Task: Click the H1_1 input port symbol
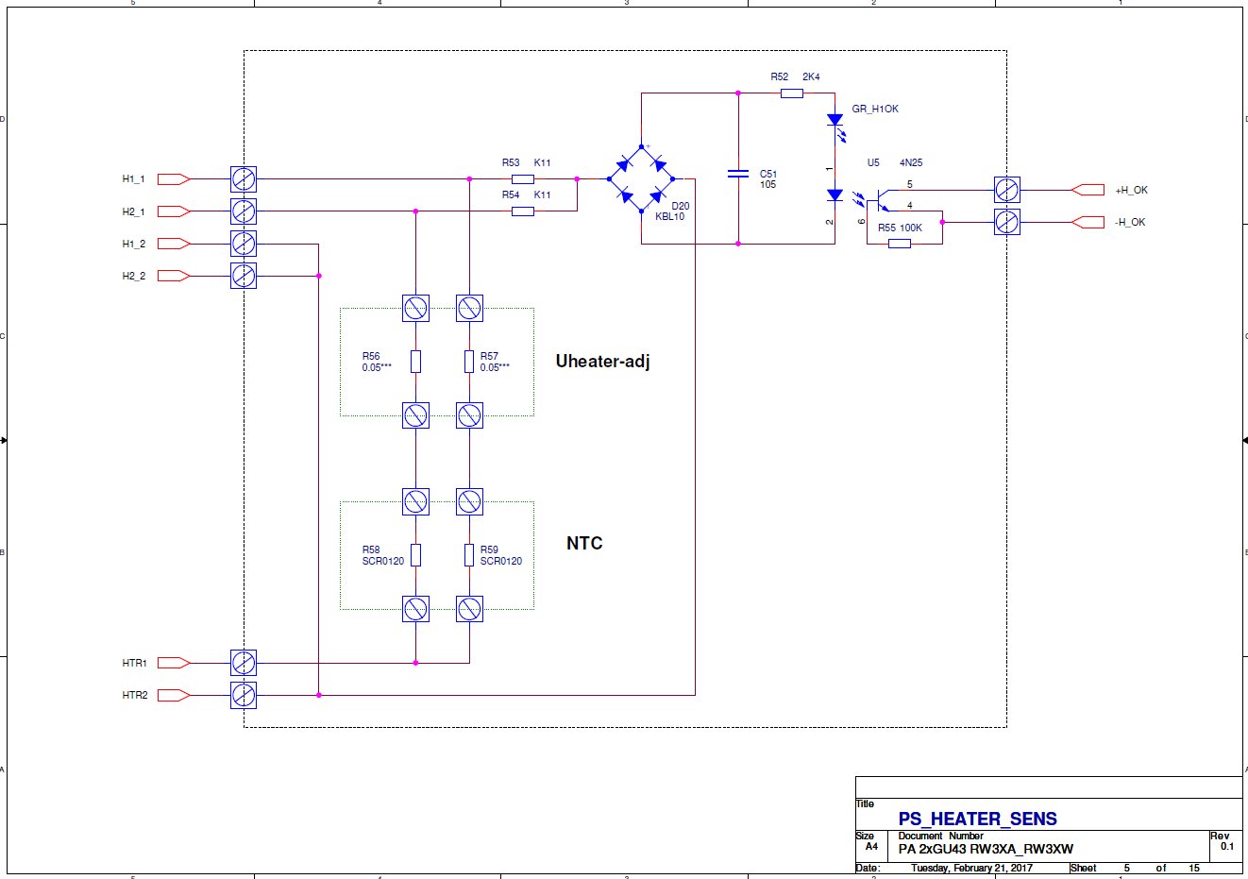(174, 179)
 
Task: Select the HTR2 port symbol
(174, 695)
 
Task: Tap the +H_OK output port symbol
(1088, 190)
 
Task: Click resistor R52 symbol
(792, 93)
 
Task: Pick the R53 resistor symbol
(523, 179)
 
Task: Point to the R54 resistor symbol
(523, 211)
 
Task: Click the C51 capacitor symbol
(738, 174)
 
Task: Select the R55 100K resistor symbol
(900, 244)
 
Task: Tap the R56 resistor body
(415, 362)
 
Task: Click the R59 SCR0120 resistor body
(469, 554)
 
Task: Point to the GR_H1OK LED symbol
(835, 126)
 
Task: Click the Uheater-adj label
(603, 362)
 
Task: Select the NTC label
(584, 543)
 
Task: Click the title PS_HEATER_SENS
(977, 819)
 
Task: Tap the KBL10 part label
(669, 216)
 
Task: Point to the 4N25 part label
(911, 162)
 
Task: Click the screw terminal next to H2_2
(244, 276)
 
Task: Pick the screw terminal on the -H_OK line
(1006, 222)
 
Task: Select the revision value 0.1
(1227, 846)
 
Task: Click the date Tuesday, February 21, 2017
(971, 868)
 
